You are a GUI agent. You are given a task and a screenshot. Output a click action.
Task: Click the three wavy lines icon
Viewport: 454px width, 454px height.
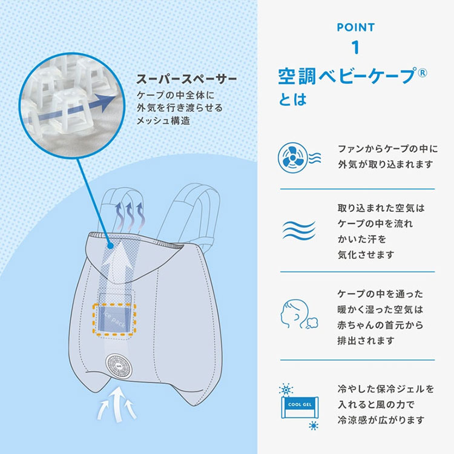pyautogui.click(x=298, y=231)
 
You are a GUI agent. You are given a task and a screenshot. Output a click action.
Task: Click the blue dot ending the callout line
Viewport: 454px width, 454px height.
pyautogui.click(x=110, y=246)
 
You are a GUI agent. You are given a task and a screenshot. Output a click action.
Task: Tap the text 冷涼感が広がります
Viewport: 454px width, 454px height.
pyautogui.click(x=381, y=419)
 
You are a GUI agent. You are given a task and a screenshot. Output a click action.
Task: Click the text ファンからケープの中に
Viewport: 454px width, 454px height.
pyautogui.click(x=387, y=148)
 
